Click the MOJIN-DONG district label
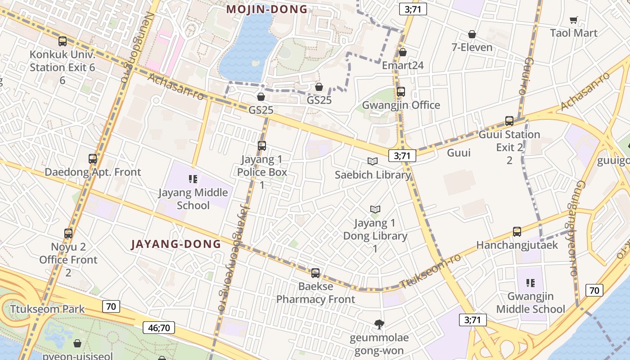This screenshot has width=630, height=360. (x=267, y=9)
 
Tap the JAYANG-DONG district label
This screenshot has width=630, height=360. (x=176, y=244)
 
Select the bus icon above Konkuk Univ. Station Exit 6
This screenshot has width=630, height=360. (x=63, y=41)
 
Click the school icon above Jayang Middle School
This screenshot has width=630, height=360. (x=193, y=179)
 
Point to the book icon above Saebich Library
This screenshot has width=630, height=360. (x=373, y=161)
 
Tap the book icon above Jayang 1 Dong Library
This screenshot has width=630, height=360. (x=375, y=209)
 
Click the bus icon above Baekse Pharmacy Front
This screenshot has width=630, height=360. (x=315, y=273)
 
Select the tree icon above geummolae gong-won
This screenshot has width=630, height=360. (x=379, y=324)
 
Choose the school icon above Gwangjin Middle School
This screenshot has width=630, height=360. (x=531, y=283)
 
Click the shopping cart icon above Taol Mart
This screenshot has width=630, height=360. (x=573, y=20)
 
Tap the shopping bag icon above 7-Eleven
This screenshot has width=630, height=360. (x=472, y=34)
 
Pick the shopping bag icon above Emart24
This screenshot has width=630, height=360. (x=403, y=52)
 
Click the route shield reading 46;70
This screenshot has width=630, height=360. (x=159, y=328)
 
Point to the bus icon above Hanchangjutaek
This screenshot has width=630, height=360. (x=517, y=232)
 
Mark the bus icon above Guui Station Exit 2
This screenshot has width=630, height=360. (x=509, y=121)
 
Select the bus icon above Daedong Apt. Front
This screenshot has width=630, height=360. (x=93, y=159)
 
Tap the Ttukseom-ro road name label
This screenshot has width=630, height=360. (x=431, y=270)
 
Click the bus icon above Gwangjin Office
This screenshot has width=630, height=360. (x=401, y=92)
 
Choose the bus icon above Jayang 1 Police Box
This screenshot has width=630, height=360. (x=262, y=146)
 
